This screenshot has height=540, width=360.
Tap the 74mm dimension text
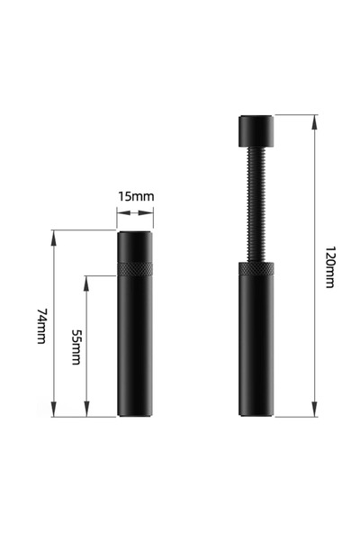click(41, 325)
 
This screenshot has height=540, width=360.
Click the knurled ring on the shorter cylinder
click(135, 267)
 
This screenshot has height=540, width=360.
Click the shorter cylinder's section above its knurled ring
click(135, 246)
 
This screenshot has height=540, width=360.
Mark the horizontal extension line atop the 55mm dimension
click(101, 274)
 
